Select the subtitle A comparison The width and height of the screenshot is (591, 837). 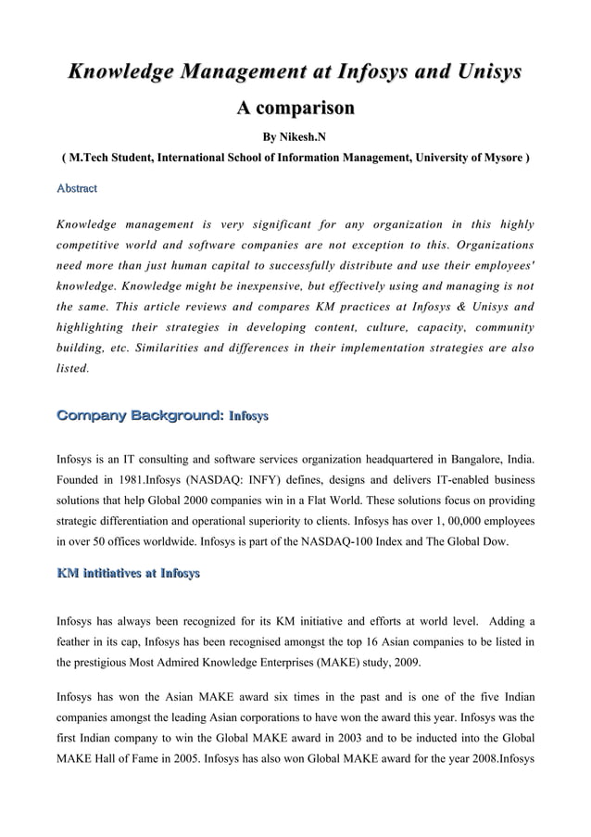pyautogui.click(x=295, y=109)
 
